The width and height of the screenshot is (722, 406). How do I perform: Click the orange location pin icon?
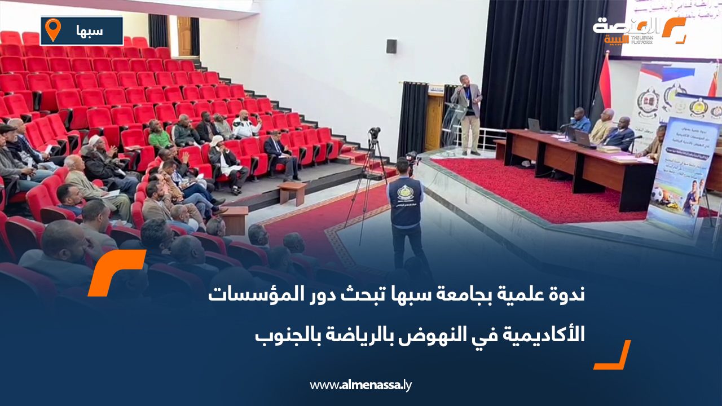53,30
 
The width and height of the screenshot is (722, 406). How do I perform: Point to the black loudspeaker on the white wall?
391,46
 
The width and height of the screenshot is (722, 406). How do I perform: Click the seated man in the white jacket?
245,125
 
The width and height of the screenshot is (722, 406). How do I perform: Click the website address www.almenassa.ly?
361,385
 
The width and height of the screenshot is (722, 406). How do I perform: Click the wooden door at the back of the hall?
184,36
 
